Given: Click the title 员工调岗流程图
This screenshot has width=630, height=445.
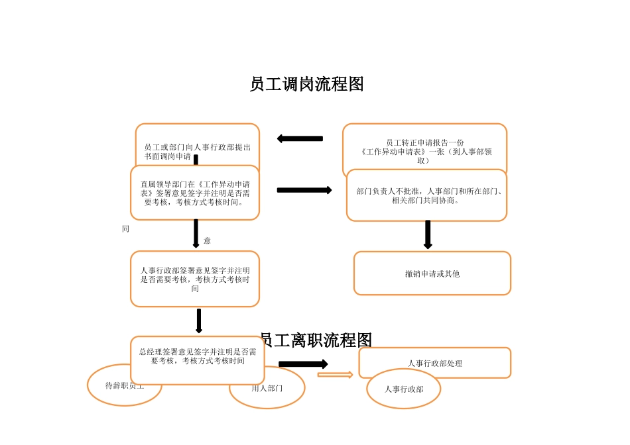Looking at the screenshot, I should tap(306, 85).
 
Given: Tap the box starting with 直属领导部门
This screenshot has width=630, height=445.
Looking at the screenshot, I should tap(194, 193).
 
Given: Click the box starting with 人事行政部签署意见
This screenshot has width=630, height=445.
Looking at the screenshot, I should tap(194, 279).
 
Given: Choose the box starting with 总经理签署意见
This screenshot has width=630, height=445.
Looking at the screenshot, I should tap(197, 358).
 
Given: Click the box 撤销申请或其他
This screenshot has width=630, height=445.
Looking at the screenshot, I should tap(432, 273).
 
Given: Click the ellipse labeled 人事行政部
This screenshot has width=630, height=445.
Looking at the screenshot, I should tap(403, 389).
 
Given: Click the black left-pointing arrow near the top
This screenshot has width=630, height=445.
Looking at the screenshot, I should tap(300, 138).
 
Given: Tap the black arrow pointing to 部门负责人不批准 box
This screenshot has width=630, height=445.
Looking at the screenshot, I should tap(304, 190).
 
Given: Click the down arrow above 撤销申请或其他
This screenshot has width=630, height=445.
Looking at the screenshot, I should tap(428, 234).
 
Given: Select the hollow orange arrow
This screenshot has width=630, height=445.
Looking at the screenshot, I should tap(335, 375).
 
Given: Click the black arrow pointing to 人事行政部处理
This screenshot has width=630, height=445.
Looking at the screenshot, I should tap(303, 364).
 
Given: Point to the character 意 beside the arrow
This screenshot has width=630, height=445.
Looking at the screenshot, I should tap(207, 240).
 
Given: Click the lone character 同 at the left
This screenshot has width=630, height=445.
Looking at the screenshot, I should tap(125, 228).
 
